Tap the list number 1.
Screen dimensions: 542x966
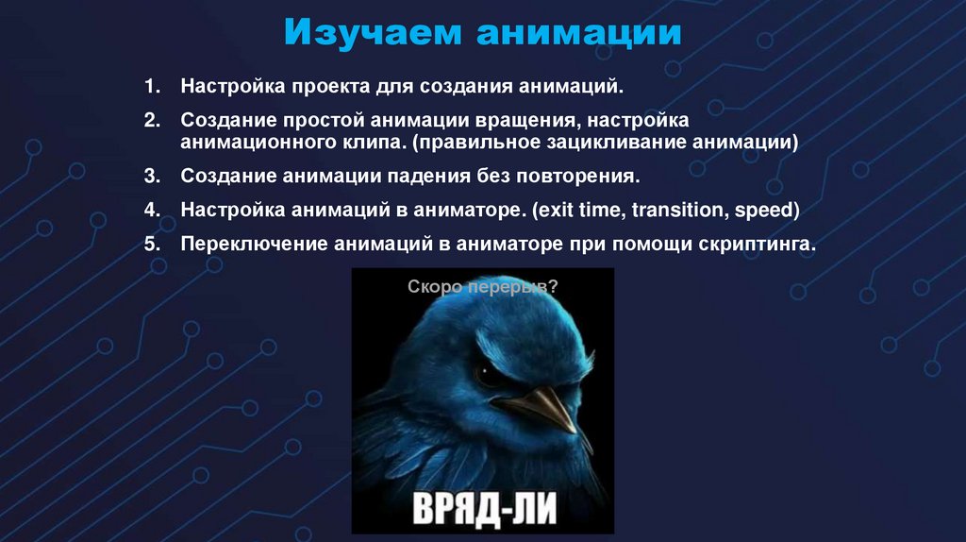click(x=152, y=88)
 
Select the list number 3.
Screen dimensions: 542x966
click(x=152, y=177)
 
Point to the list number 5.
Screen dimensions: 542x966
click(x=152, y=243)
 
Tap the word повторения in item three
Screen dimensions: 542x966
click(x=580, y=177)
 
